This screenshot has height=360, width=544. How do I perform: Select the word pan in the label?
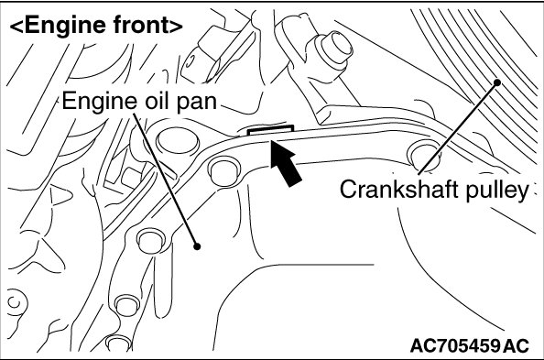[197, 104]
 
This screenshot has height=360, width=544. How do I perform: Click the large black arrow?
[285, 162]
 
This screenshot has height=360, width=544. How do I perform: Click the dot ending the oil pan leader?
[197, 246]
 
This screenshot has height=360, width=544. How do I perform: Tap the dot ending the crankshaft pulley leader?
[497, 82]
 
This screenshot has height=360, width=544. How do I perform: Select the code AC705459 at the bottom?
[455, 345]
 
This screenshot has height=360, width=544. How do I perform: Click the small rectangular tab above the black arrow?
[270, 130]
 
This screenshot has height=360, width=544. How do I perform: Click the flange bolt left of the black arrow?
[223, 170]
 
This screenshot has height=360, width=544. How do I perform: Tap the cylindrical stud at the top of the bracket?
[333, 48]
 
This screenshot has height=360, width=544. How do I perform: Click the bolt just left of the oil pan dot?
[150, 241]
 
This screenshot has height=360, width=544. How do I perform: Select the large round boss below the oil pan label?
[178, 141]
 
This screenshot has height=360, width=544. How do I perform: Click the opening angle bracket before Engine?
[16, 27]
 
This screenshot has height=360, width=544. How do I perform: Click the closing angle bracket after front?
[176, 27]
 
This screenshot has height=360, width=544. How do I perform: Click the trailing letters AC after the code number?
[517, 345]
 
